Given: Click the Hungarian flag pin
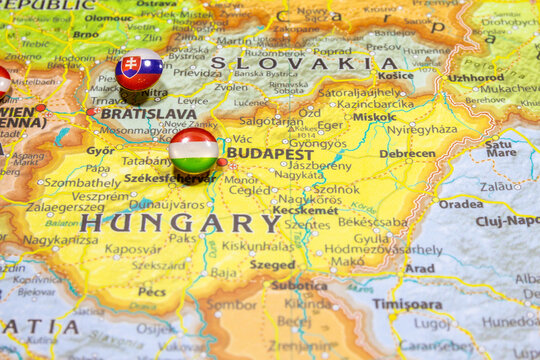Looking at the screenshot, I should click(193, 151).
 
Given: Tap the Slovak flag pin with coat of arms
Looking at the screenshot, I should click(139, 70).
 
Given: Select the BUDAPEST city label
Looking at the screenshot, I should click(269, 154).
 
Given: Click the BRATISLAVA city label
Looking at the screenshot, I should click(148, 114).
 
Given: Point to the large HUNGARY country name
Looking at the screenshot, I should click(180, 223).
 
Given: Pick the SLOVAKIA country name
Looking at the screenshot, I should click(289, 63).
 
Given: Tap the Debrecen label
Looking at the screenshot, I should click(407, 154).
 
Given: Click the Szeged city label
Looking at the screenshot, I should click(272, 265).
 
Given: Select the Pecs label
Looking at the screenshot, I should click(151, 292).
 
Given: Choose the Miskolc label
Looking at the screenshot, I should click(374, 117).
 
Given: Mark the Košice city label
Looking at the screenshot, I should click(395, 75).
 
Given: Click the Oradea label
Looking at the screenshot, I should click(460, 203).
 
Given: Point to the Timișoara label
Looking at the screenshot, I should click(407, 303).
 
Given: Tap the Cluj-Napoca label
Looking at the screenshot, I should click(507, 221).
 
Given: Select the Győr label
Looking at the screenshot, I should click(100, 151).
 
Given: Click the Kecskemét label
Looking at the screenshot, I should click(306, 211).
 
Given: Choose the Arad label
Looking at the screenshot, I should click(420, 268).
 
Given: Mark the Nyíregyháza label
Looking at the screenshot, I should click(422, 130).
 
